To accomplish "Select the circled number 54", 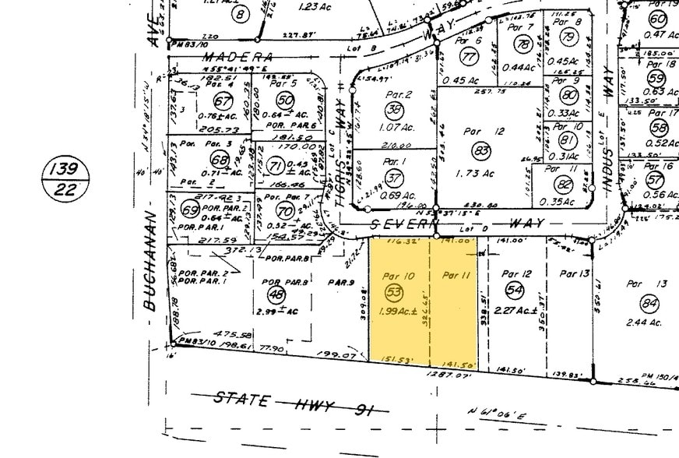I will tap(515, 289).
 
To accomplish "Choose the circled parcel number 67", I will tap(224, 102).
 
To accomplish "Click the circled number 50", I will tap(285, 100).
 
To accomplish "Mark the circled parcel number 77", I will tap(468, 57).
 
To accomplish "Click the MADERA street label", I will tap(237, 57).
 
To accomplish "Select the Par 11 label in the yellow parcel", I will tap(454, 274).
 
